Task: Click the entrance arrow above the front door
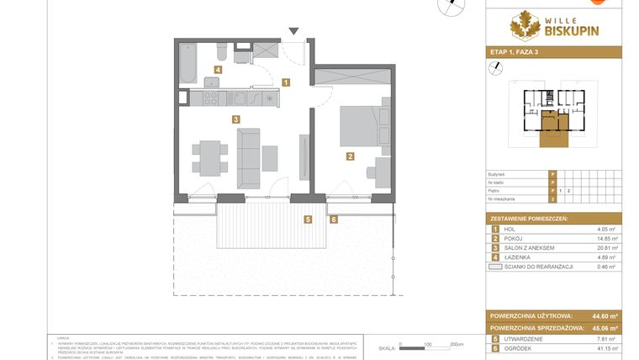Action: [x=293, y=32]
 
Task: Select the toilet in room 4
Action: [x=240, y=56]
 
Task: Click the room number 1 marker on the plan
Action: [x=287, y=82]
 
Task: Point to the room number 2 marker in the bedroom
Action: [x=349, y=156]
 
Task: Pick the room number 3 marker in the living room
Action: [x=237, y=119]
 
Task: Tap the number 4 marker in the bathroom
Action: [x=218, y=71]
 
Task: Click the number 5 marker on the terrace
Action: [x=309, y=220]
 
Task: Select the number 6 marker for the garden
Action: [x=333, y=220]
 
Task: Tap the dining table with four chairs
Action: [x=208, y=158]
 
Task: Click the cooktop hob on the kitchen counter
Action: [x=209, y=98]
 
